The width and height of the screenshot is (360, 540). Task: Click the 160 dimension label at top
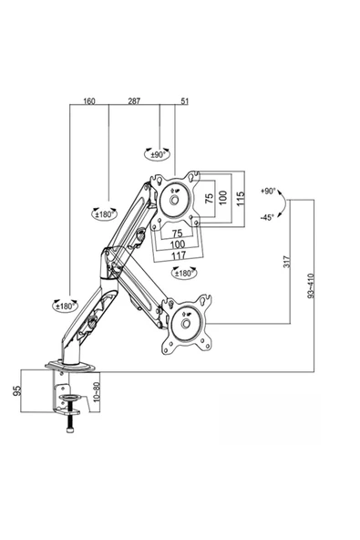point(89,101)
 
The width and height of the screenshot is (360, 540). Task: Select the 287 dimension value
point(134,101)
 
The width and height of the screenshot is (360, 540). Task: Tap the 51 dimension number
point(185,101)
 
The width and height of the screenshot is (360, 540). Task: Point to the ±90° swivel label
point(159,155)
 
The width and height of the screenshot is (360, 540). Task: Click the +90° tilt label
point(269,191)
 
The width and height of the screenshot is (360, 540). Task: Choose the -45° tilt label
point(267,217)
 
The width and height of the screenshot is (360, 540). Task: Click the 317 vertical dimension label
point(287,262)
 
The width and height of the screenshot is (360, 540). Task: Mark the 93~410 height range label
point(311,286)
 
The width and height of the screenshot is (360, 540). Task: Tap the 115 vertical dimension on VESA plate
point(241,199)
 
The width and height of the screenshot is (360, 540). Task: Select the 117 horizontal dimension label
point(179,255)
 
